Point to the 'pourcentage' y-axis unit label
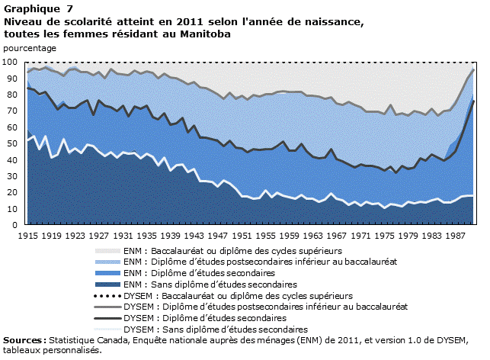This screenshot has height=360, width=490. click(30, 48)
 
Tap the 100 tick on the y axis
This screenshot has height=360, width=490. click(11, 62)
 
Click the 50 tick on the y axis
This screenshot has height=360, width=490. click(13, 143)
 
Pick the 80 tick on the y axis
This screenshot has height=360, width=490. click(13, 95)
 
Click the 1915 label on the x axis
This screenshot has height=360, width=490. click(28, 236)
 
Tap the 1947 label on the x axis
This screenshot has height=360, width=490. click(219, 236)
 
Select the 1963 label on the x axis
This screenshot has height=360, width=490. click(314, 236)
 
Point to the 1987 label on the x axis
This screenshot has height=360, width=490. click(456, 236)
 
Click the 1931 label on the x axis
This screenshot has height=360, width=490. click(123, 236)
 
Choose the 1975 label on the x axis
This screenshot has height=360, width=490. click(386, 236)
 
